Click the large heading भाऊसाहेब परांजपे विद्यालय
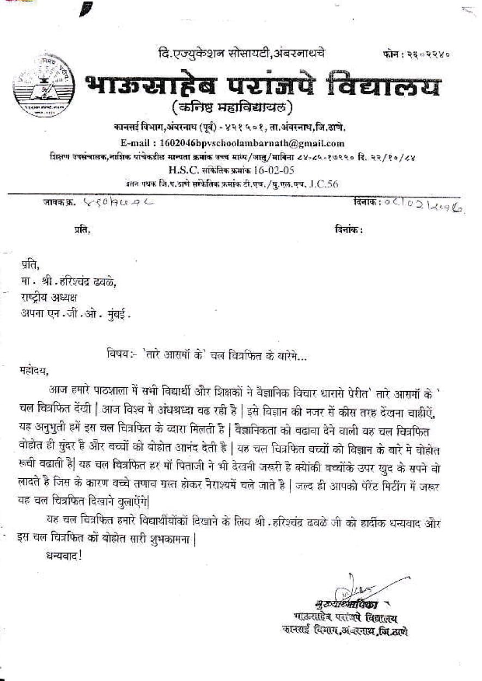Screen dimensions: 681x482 point(262,86)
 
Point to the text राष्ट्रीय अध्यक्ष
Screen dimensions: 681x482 point(50,297)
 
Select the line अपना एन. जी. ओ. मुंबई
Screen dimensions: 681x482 point(76,314)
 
